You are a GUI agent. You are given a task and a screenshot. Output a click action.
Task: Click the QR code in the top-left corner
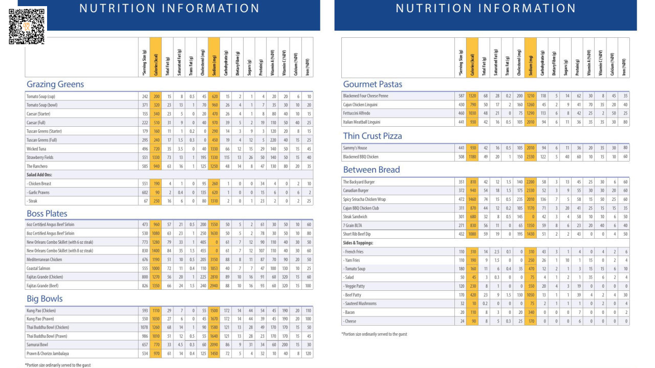tap(27, 26)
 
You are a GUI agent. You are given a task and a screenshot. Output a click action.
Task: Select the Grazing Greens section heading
tap(55, 84)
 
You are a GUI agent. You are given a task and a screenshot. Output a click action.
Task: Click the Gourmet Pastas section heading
tap(373, 84)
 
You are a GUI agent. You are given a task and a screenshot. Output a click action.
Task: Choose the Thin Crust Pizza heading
tap(372, 136)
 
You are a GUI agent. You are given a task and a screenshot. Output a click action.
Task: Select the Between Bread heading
tap(371, 170)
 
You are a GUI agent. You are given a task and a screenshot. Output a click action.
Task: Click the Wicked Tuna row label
tap(36, 149)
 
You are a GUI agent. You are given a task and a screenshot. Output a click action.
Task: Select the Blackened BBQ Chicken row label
tap(361, 157)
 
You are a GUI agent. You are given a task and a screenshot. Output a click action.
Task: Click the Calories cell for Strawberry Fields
tap(156, 157)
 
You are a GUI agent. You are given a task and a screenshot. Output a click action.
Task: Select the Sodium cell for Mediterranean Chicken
tap(214, 260)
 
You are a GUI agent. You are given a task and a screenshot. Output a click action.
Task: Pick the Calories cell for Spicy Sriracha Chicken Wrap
tap(472, 199)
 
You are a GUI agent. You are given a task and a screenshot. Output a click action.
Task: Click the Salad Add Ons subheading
tap(39, 175)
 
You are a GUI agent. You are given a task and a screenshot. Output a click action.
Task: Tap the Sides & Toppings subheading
tap(358, 243)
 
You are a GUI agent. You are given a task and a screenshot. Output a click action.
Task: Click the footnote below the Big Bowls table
tap(58, 365)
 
